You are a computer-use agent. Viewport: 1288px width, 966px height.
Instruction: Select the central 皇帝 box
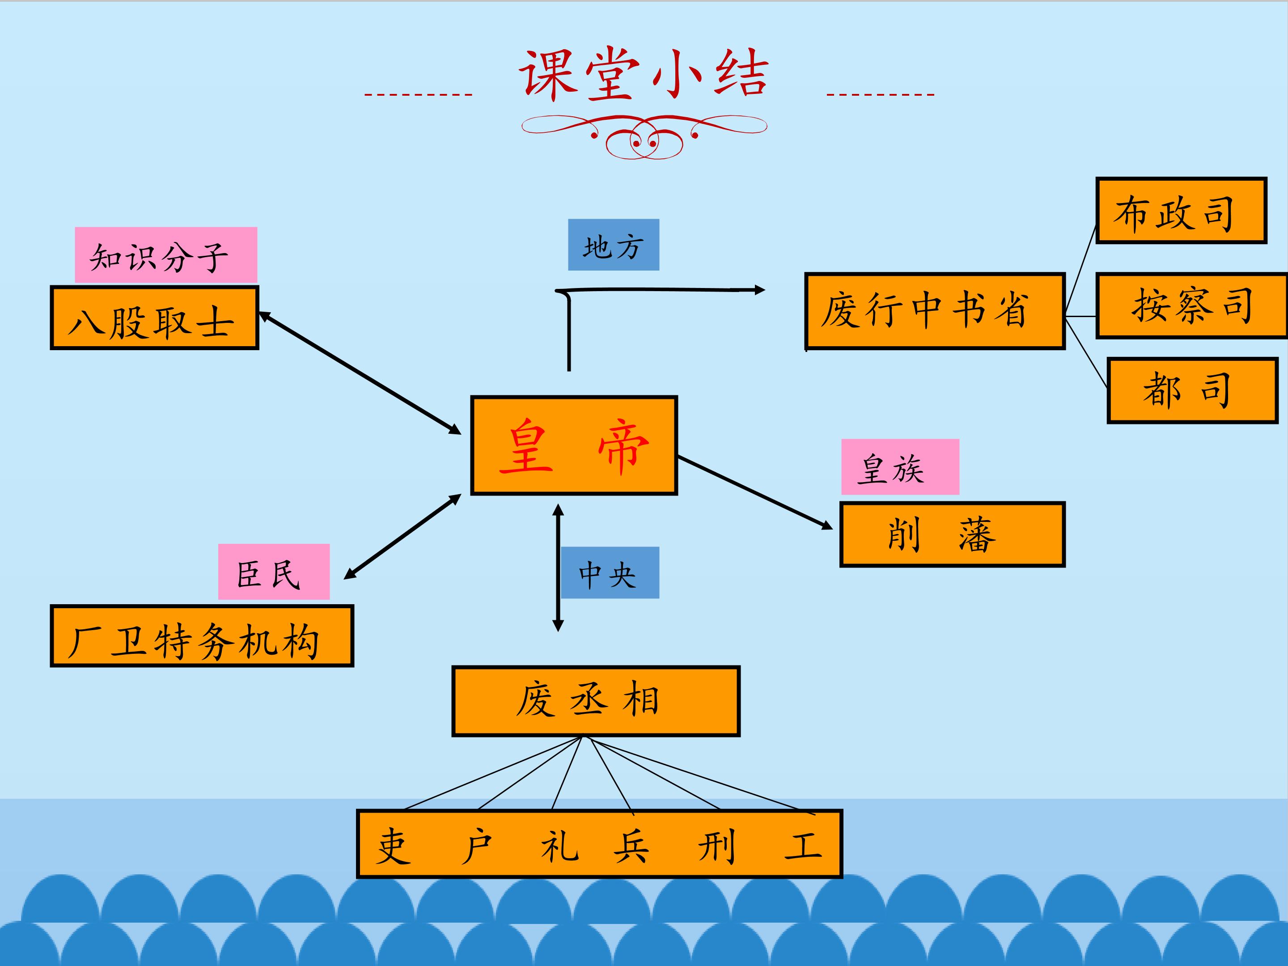tap(573, 445)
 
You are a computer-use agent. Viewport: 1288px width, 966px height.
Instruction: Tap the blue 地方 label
tap(613, 245)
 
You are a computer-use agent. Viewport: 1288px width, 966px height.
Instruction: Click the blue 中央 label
tap(609, 572)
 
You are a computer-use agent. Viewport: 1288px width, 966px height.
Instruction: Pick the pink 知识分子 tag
tap(165, 255)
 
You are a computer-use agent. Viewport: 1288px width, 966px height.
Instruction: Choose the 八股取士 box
tap(154, 318)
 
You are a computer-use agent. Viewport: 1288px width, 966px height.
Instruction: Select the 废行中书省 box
tap(935, 310)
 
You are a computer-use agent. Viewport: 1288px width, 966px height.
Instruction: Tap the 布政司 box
tap(1181, 210)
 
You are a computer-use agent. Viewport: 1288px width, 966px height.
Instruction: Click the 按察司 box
tap(1191, 305)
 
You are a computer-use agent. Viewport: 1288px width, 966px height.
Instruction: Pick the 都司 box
tap(1192, 390)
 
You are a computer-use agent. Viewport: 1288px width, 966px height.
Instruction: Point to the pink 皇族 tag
tap(900, 466)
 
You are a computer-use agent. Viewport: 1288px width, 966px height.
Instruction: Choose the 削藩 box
tap(952, 534)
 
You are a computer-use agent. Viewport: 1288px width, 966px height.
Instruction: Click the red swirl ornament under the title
tap(644, 136)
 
